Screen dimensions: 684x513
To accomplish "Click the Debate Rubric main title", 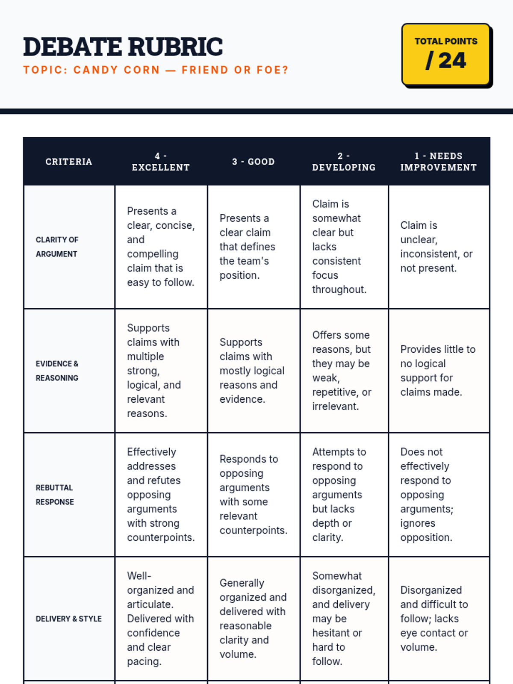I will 123,47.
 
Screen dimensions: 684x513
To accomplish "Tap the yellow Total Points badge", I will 446,55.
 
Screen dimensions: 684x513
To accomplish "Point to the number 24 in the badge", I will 452,61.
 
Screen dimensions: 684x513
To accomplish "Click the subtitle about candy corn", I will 156,70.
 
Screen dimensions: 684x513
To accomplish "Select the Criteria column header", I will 69,162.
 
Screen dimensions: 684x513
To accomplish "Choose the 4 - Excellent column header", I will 161,162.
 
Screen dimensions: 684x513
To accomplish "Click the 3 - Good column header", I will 254,162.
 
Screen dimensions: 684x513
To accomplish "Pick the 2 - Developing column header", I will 344,162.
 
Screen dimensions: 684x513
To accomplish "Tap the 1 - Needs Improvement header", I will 439,162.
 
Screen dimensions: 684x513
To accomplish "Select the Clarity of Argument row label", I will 57,247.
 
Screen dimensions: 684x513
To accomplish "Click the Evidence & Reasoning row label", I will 57,371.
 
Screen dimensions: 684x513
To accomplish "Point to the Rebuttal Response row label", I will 55,495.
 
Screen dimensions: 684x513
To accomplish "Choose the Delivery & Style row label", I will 68,619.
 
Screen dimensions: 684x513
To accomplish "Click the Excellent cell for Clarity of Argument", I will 161,247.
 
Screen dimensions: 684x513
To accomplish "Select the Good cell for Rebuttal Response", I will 253,495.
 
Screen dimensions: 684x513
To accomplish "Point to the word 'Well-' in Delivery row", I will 139,576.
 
